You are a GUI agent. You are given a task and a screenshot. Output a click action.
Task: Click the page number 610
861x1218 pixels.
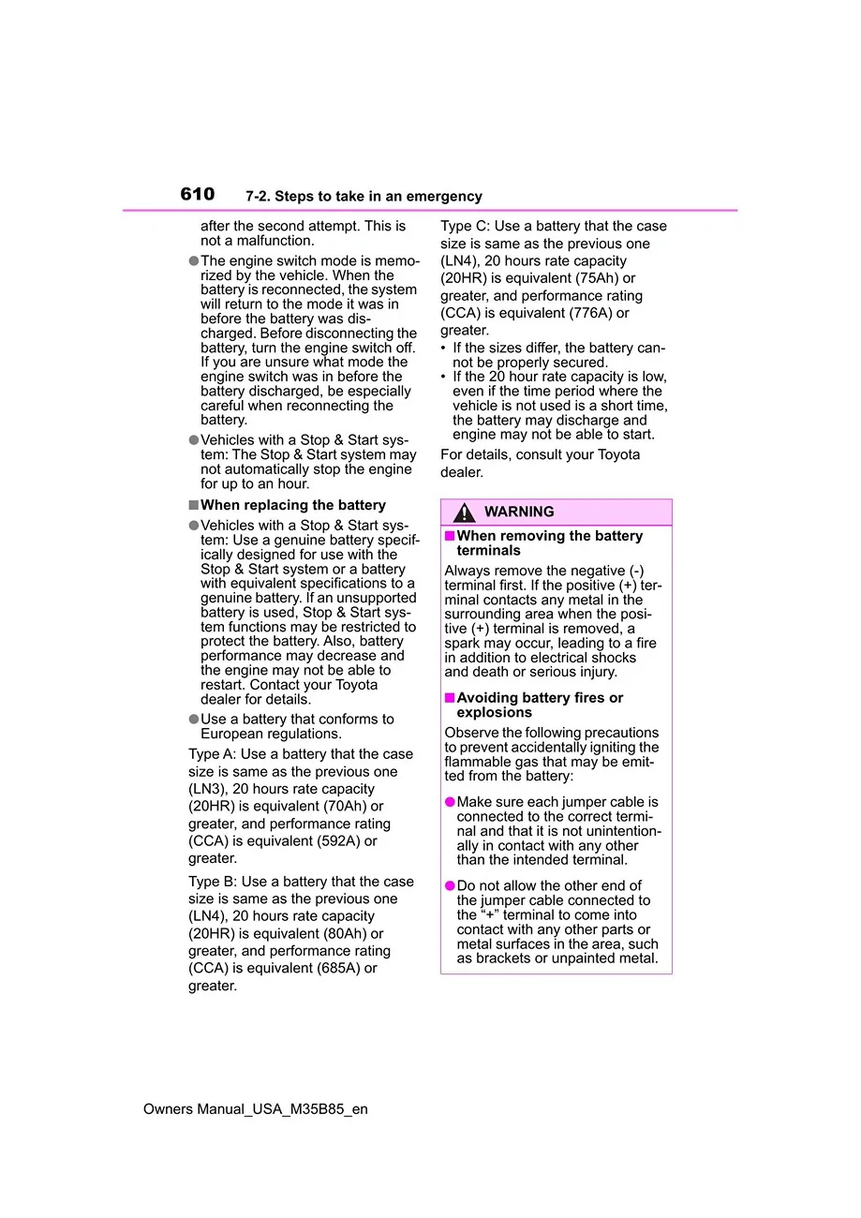tap(197, 194)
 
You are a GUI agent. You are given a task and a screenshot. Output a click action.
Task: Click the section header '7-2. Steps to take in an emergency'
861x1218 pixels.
tap(364, 197)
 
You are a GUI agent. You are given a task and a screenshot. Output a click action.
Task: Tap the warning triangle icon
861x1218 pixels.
tap(464, 512)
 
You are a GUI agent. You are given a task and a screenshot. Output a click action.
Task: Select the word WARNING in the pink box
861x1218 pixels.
tap(519, 512)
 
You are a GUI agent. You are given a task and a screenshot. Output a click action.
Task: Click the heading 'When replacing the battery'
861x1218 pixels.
tap(292, 505)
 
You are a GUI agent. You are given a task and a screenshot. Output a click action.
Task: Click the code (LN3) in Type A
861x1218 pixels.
tap(206, 790)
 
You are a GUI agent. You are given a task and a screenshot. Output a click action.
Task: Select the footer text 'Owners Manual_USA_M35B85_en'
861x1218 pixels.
tap(256, 1109)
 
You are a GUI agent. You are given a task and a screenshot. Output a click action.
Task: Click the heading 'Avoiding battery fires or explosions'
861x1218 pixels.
tap(540, 706)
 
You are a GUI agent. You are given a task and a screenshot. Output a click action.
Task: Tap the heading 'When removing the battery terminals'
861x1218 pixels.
tap(549, 543)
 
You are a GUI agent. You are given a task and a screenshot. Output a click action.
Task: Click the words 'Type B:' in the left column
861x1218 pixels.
tap(213, 882)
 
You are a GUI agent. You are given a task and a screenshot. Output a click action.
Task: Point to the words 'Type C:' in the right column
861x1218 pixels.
tap(465, 227)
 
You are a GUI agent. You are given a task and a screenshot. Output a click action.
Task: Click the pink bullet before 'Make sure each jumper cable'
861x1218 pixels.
tap(450, 802)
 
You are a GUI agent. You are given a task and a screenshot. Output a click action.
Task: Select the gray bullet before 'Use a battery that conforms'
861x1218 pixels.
tap(194, 720)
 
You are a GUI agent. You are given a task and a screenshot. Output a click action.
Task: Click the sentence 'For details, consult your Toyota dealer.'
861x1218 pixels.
tap(540, 464)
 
